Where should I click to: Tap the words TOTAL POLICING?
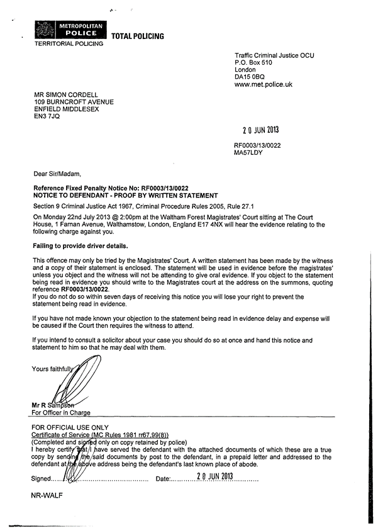(137, 36)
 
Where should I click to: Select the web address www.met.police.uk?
(263, 84)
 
